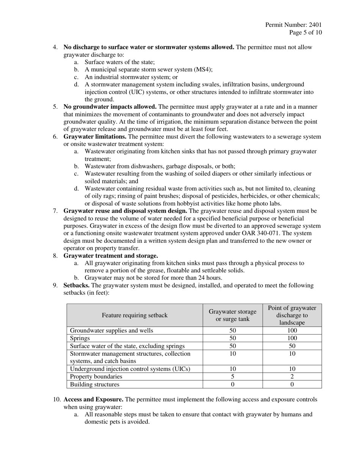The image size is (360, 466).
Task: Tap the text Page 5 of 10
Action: point(305,33)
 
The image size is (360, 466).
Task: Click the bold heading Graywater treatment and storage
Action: point(111,255)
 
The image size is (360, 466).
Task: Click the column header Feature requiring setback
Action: point(135,315)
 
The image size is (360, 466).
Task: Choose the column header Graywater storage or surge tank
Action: point(233,315)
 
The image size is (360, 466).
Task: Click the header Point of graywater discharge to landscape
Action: point(292,315)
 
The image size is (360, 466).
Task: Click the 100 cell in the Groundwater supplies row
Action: point(292,330)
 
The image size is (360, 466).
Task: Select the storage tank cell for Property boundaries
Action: point(233,377)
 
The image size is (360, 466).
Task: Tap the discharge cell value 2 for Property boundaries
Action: point(292,377)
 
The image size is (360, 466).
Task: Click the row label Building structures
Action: point(95,384)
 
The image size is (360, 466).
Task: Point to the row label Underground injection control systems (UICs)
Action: point(130,369)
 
